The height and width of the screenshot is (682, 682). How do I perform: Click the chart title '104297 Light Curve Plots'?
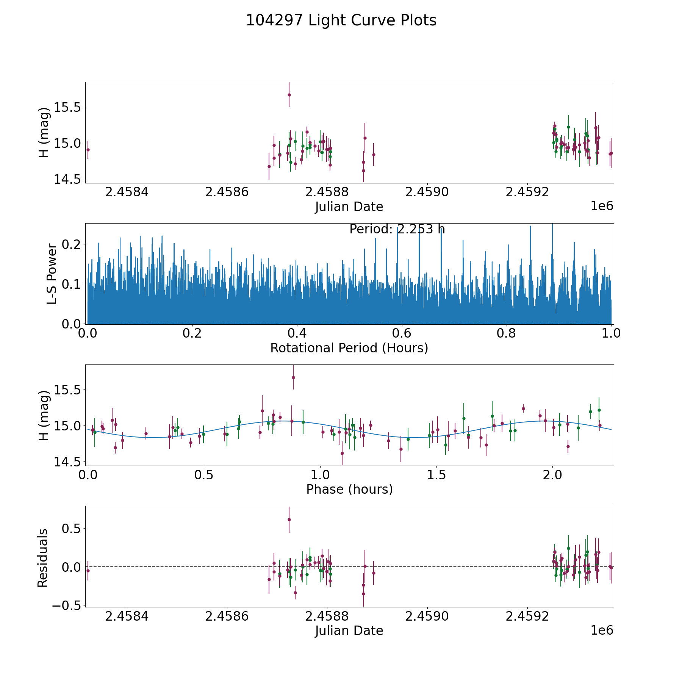click(341, 20)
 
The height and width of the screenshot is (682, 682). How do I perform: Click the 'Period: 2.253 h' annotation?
click(397, 229)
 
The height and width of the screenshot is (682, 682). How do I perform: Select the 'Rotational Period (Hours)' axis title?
click(349, 348)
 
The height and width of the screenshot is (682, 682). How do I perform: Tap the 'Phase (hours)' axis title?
click(349, 489)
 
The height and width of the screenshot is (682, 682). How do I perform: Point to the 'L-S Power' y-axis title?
click(52, 274)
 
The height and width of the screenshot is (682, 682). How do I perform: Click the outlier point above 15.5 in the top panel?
click(289, 95)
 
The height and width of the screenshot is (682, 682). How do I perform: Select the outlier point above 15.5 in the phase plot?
click(293, 377)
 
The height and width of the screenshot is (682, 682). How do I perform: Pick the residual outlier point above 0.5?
click(289, 519)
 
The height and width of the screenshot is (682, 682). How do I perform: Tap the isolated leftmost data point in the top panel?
click(88, 150)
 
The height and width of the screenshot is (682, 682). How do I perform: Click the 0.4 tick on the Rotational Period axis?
click(297, 333)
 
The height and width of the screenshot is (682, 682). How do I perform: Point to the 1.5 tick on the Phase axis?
click(436, 474)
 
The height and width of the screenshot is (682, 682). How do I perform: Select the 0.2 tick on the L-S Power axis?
click(71, 244)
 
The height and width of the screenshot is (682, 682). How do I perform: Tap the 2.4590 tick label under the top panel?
click(427, 192)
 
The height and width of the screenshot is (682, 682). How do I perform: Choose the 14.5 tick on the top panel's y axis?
click(67, 179)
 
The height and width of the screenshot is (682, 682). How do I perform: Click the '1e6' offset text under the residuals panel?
click(602, 630)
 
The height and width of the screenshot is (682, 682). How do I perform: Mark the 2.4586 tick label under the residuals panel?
click(227, 616)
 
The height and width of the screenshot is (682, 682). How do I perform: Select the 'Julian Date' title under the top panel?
click(349, 207)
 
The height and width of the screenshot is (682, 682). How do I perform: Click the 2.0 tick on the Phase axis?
click(553, 474)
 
